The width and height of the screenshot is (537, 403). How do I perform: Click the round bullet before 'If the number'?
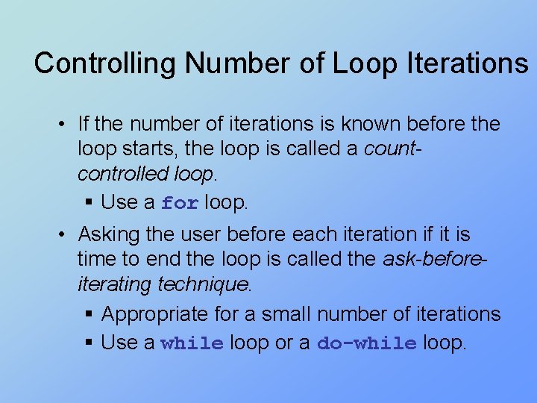pos(66,124)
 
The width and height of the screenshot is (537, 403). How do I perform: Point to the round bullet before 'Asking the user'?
pos(66,235)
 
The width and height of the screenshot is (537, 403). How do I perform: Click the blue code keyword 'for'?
pos(180,203)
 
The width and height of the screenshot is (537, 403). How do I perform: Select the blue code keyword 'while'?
pos(192,344)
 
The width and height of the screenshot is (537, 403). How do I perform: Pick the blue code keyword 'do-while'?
pos(366,344)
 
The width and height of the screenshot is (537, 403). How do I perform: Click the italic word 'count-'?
pos(392,149)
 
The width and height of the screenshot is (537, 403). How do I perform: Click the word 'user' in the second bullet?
pos(202,235)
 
